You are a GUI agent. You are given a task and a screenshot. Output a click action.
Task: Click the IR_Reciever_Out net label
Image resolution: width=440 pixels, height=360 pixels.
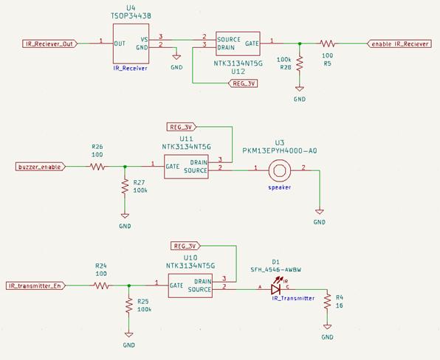coord(47,44)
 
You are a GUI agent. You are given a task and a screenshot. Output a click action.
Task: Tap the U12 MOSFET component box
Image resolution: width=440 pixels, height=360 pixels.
coord(236,44)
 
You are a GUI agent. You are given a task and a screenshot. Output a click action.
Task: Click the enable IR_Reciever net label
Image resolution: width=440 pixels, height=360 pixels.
coord(399,44)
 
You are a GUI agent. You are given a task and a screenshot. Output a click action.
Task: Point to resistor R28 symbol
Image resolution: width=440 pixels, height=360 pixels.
coord(299,66)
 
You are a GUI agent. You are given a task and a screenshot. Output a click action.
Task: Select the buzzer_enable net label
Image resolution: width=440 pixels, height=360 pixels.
coord(40,167)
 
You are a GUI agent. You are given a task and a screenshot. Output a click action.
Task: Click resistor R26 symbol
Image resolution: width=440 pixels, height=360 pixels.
coord(97,167)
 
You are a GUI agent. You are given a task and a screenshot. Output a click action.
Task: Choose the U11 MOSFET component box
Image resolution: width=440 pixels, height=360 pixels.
coord(187,166)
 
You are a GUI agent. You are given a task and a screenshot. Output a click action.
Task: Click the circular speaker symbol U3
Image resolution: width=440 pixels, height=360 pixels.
coord(279,170)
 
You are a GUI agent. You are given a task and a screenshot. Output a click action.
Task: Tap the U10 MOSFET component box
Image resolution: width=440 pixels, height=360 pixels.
coord(190,285)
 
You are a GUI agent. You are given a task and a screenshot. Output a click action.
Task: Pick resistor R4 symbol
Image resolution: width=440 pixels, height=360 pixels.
coord(327,305)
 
